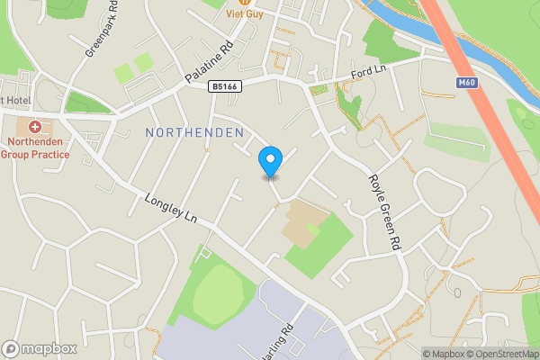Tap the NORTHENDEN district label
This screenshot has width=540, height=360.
[x=194, y=132]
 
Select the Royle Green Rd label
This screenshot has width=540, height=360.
[x=382, y=211]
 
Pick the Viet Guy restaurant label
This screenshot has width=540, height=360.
[x=244, y=13]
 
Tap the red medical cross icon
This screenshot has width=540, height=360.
[x=35, y=128]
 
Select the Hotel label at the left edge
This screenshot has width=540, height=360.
[x=14, y=100]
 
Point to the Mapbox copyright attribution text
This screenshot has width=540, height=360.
[x=445, y=354]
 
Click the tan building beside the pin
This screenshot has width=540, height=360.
[x=301, y=221]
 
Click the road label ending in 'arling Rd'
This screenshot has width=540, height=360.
[x=279, y=341]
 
